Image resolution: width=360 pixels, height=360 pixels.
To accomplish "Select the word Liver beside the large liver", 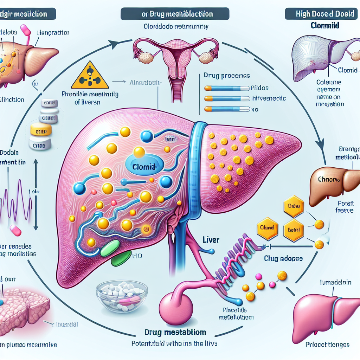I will point(211,240).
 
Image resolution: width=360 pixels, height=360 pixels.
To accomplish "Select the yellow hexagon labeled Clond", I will point(268,228).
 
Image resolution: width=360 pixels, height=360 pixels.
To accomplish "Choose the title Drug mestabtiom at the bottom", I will point(176,332).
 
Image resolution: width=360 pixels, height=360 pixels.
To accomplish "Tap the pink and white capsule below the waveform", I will point(16,231).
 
